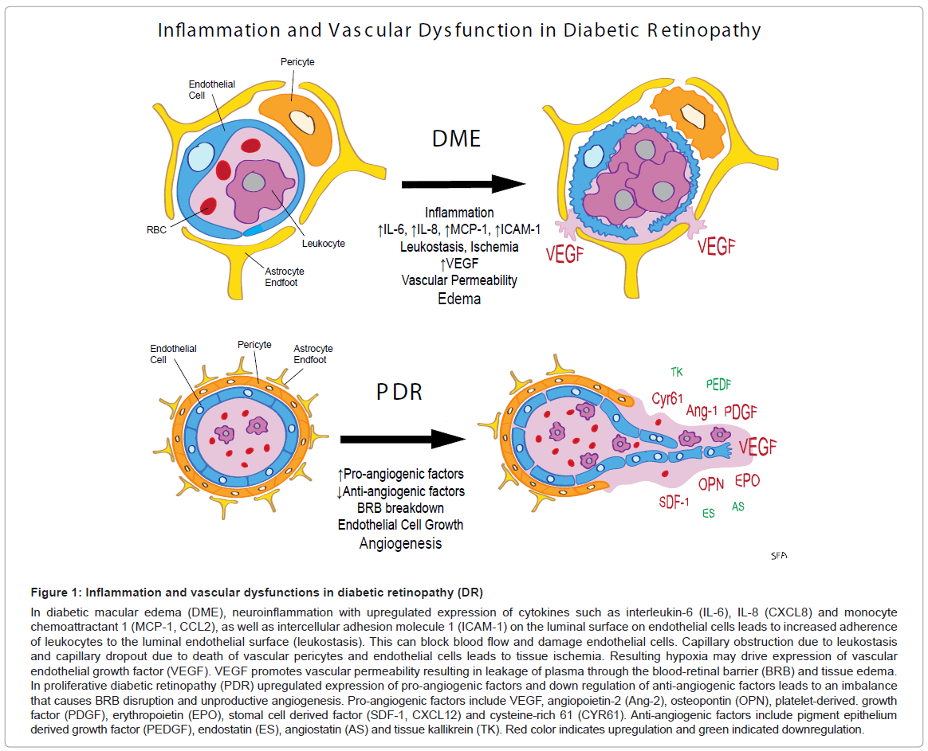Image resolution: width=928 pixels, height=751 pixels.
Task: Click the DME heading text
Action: (456, 138)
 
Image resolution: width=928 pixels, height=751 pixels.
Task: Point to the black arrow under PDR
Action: (402, 439)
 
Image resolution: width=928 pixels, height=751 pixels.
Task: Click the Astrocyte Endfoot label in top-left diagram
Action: (281, 276)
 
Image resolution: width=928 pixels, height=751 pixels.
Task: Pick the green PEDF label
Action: (718, 384)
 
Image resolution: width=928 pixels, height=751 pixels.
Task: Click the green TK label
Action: (677, 372)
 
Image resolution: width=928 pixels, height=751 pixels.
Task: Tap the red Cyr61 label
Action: (668, 398)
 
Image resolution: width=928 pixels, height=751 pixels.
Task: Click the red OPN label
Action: (710, 483)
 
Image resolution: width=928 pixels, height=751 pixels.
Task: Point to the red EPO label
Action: (747, 480)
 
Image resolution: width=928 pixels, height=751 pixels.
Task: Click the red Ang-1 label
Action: (703, 411)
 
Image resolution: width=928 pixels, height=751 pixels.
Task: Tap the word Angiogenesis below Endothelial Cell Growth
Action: (399, 543)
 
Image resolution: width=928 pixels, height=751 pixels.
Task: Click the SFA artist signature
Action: (779, 556)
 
